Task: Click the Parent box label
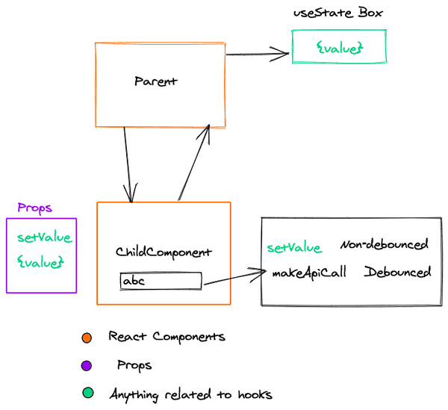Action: (156, 81)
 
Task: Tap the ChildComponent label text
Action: (164, 253)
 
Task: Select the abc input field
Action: (161, 281)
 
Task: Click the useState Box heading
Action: (340, 13)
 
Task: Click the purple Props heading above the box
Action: (34, 208)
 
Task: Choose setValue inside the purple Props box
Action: (45, 238)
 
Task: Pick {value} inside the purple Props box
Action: (41, 262)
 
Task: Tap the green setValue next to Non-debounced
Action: (294, 248)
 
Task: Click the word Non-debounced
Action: (385, 245)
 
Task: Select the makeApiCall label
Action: (308, 273)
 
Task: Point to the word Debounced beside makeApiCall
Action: (398, 272)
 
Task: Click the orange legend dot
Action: (87, 338)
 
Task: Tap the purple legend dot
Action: (87, 365)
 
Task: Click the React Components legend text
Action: (167, 337)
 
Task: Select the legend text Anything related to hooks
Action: (190, 394)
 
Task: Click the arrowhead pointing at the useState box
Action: (282, 52)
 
